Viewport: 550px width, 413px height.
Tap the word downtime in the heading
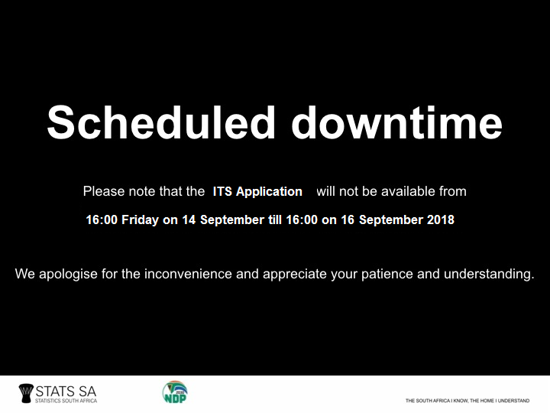(397, 122)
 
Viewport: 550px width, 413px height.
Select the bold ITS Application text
(257, 191)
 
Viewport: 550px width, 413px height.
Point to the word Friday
(140, 220)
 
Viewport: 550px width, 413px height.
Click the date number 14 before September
(189, 220)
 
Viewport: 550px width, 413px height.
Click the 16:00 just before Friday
(102, 220)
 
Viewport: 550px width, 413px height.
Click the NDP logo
(175, 392)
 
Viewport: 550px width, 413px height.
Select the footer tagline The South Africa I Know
(467, 400)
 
